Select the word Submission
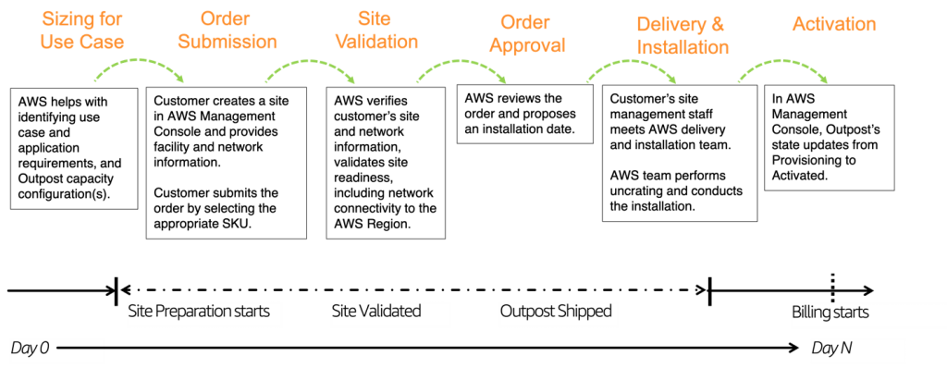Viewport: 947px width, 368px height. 227,42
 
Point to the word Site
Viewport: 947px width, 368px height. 375,19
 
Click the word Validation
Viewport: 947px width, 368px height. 375,42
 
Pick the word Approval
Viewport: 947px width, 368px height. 526,45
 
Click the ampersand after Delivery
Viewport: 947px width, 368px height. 719,25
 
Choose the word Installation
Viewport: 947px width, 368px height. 683,47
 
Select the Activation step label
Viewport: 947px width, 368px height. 834,24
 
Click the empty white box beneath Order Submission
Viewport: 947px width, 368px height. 204,314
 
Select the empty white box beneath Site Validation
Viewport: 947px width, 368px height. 390,314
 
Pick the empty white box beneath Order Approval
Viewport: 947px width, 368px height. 559,314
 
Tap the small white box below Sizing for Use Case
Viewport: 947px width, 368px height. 57,351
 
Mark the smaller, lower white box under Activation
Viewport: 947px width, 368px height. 857,351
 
